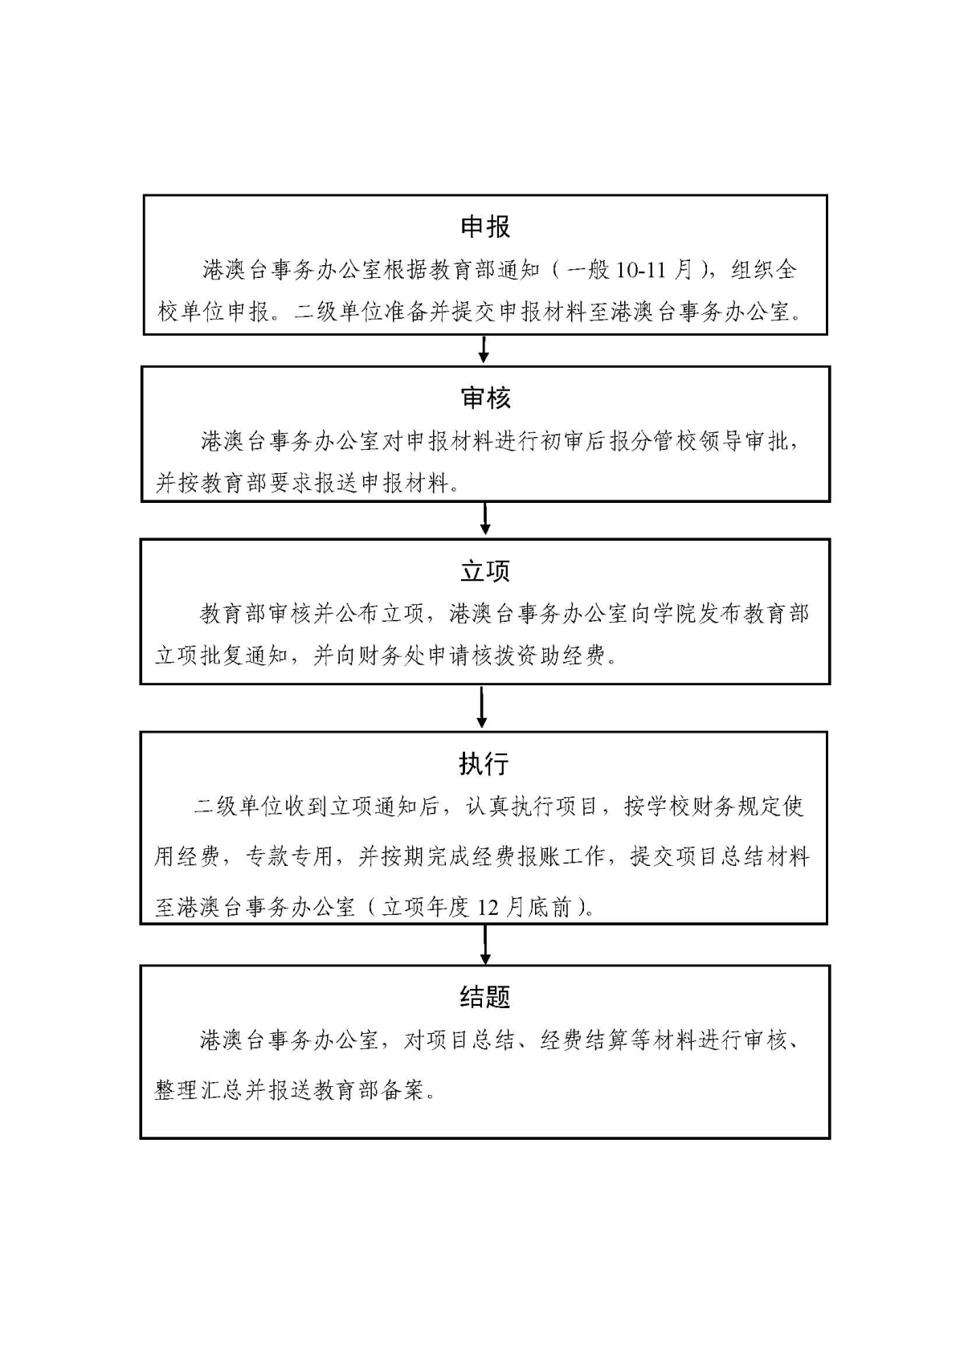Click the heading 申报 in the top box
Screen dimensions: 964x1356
click(x=485, y=227)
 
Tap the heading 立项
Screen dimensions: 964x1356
click(x=485, y=571)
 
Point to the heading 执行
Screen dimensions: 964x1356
click(x=484, y=764)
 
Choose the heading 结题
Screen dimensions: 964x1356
click(x=485, y=997)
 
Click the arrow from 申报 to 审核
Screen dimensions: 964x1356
click(x=484, y=349)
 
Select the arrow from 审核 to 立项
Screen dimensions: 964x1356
click(x=484, y=519)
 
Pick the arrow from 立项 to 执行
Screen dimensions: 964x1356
click(x=482, y=706)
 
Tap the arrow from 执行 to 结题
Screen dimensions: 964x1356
click(x=484, y=944)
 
